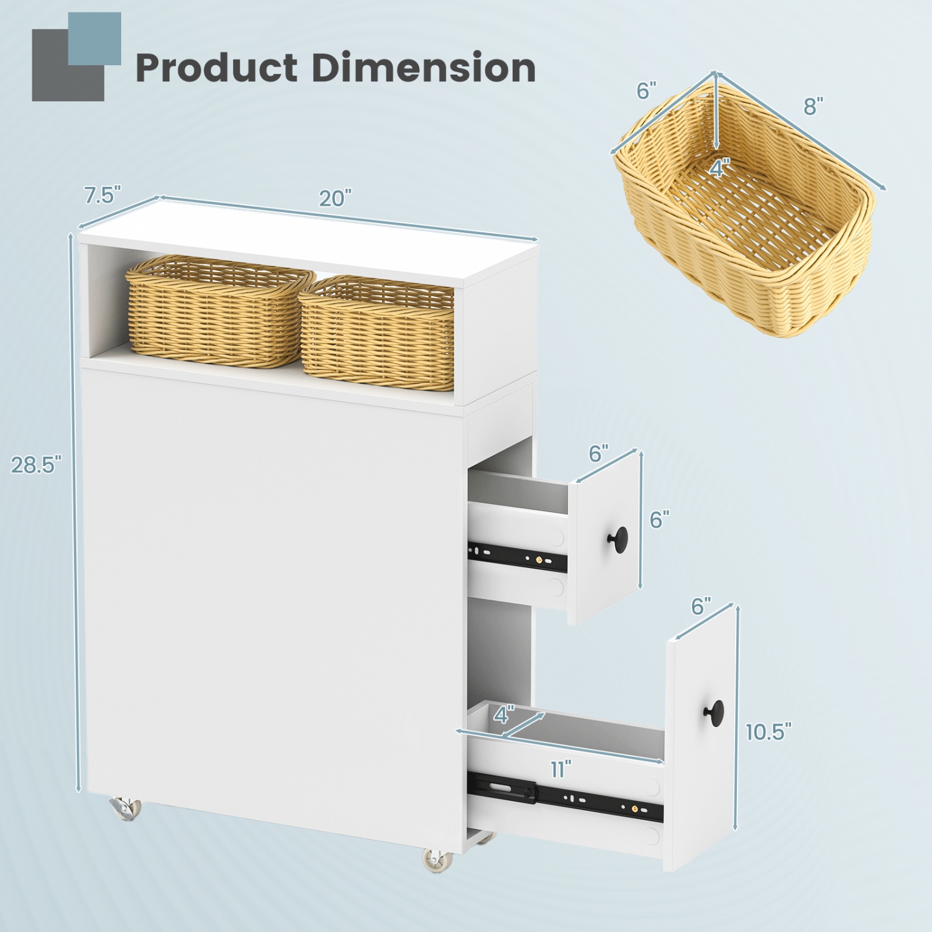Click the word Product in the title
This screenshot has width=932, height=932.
(216, 68)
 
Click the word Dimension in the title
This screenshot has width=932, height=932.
(423, 68)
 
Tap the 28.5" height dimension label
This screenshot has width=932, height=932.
(36, 465)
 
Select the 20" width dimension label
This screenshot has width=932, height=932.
(335, 199)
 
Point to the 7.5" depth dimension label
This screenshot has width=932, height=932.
(103, 195)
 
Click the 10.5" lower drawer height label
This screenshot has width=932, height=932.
(769, 732)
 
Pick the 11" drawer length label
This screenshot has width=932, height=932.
(560, 770)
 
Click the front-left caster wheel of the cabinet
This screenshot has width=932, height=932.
(126, 808)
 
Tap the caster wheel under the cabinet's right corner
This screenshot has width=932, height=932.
(439, 860)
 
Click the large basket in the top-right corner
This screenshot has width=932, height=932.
(746, 217)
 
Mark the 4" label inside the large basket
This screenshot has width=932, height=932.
(720, 168)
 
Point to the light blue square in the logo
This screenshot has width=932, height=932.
(94, 39)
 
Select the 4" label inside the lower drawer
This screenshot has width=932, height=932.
(504, 715)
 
